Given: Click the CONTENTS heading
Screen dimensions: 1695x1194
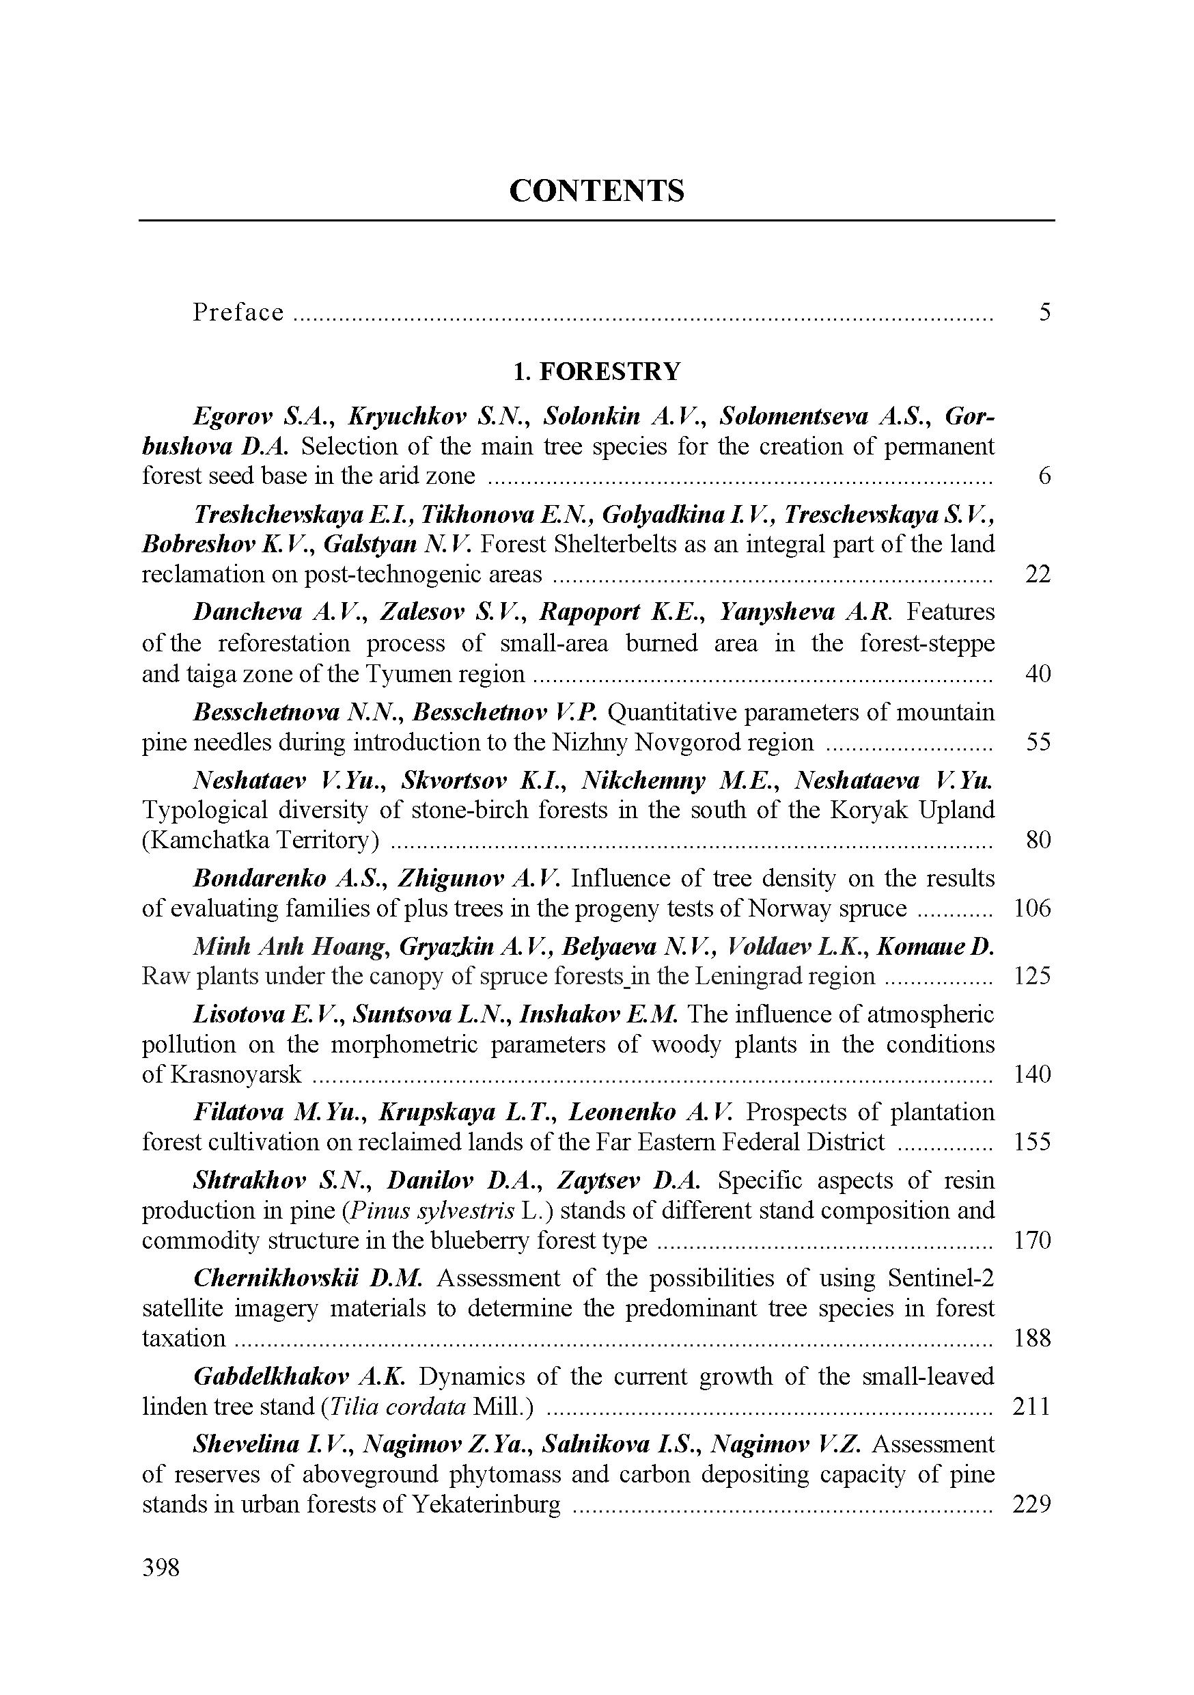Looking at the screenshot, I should coord(596,191).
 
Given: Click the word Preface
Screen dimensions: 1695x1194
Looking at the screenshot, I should coord(238,312).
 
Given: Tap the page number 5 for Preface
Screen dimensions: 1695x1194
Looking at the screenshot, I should coord(1044,312).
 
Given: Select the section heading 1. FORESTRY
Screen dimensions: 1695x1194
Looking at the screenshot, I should coord(596,371).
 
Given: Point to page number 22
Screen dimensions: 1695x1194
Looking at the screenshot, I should coord(1038,573).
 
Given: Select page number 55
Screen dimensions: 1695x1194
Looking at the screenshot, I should coord(1038,742).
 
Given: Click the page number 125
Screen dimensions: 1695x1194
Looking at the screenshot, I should coord(1031,976).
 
